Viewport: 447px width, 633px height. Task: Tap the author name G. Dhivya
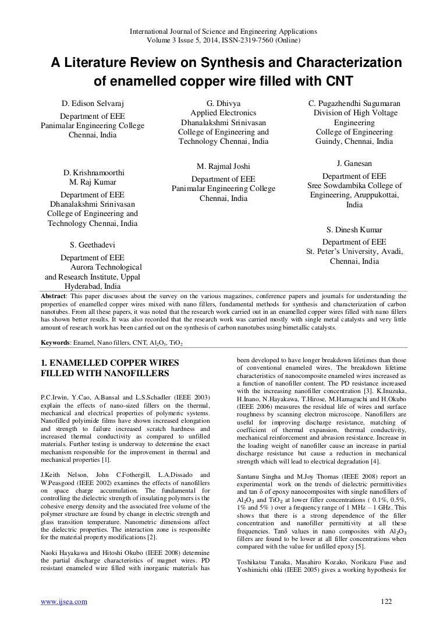click(223, 104)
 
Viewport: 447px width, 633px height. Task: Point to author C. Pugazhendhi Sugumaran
click(354, 104)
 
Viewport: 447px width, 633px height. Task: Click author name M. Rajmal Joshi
click(223, 167)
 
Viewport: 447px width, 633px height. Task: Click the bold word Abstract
click(51, 296)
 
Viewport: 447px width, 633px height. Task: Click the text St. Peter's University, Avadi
click(354, 252)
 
